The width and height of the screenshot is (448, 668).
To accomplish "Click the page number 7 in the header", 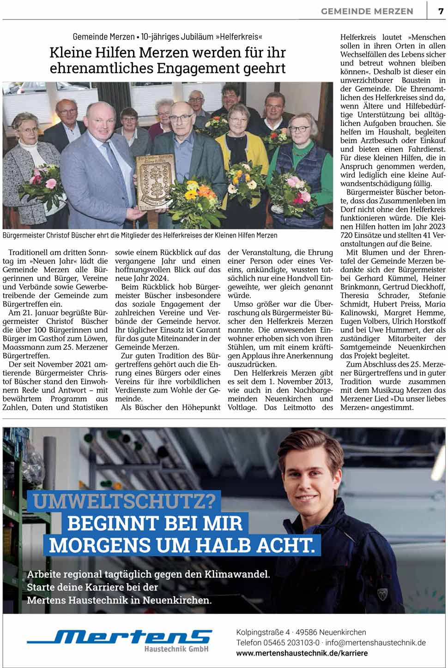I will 441,11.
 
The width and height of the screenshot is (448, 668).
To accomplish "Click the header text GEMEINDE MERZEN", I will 367,12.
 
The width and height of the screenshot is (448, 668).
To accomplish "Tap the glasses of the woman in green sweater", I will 299,130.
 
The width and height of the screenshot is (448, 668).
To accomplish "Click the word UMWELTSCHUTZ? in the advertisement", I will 124,501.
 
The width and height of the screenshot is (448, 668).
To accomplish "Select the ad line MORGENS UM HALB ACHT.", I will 182,545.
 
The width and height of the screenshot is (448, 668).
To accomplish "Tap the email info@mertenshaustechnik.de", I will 375,643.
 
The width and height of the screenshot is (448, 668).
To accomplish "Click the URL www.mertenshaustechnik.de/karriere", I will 302,653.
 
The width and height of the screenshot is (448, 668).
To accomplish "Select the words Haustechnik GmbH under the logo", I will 176,649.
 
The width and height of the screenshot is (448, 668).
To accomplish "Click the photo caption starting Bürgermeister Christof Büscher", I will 140,235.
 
